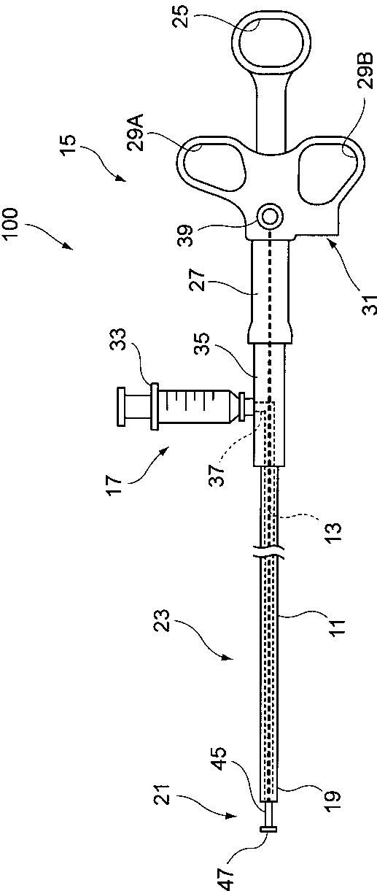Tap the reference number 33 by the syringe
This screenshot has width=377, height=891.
click(x=117, y=339)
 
